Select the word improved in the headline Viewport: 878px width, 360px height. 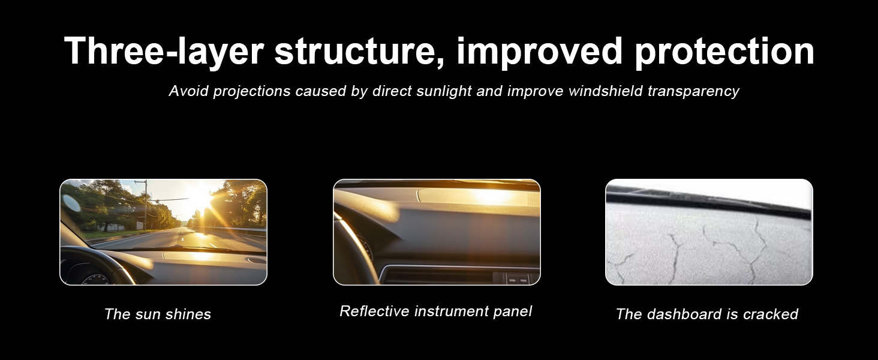pyautogui.click(x=539, y=53)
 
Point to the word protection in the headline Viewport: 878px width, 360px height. pyautogui.click(x=724, y=52)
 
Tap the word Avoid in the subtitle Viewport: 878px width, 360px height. pyautogui.click(x=190, y=91)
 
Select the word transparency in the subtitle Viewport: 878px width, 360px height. pyautogui.click(x=693, y=92)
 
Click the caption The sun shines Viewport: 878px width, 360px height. pyautogui.click(x=158, y=314)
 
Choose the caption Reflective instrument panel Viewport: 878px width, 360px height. pyautogui.click(x=436, y=311)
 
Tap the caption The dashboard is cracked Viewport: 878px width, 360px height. pyautogui.click(x=707, y=314)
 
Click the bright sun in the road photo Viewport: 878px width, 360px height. pyautogui.click(x=203, y=197)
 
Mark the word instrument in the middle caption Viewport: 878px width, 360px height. pyautogui.click(x=452, y=311)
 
